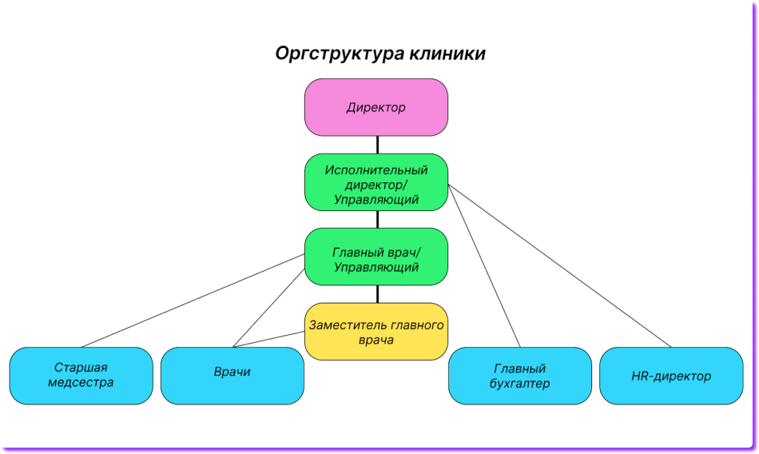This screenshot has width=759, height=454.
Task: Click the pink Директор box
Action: (376, 107)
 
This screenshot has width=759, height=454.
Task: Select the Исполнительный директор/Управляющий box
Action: (376, 183)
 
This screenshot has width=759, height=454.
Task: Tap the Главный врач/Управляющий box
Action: (376, 257)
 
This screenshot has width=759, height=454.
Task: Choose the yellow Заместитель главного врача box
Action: (376, 332)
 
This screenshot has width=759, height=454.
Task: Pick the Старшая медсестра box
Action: (81, 375)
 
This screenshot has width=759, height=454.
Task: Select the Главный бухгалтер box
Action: (519, 376)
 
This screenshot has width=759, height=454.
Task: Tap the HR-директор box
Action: (670, 375)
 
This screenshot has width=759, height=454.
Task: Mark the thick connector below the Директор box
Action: (376, 145)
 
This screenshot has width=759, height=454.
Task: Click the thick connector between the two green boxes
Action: (376, 220)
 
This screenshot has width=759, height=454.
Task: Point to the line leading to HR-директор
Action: (559, 266)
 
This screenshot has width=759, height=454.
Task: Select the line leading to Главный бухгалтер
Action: (484, 266)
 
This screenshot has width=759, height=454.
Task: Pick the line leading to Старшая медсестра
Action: (192, 301)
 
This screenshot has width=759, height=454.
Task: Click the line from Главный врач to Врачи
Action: (268, 308)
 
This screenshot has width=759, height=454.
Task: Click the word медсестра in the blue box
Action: (81, 383)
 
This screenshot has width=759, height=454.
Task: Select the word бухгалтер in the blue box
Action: (519, 384)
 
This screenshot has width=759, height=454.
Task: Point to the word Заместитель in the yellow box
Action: (347, 325)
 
